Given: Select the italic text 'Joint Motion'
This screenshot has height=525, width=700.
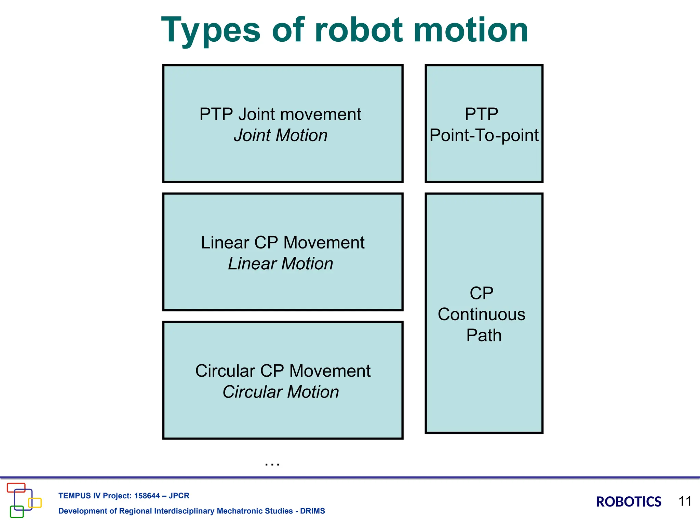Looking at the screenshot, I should tap(281, 135).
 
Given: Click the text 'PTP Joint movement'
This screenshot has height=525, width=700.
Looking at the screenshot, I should tap(280, 114).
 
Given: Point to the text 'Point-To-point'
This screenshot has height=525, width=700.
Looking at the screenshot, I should tap(484, 135).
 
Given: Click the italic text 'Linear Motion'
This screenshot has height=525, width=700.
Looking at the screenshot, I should tap(281, 264).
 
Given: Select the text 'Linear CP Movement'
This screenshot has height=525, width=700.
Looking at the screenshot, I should tap(282, 243).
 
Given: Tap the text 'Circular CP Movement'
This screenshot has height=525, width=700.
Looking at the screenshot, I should tap(283, 371).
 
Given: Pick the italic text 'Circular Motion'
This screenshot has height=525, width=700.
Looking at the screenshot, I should tap(281, 392).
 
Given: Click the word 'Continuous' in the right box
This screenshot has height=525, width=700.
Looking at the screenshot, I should tap(482, 314).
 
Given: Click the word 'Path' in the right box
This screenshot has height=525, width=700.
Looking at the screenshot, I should tap(484, 335).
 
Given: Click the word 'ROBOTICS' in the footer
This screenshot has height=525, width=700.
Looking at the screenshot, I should tap(628, 502).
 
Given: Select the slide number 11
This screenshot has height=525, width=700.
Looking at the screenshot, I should tap(685, 501).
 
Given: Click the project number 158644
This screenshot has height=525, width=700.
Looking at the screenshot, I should tap(147, 496).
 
